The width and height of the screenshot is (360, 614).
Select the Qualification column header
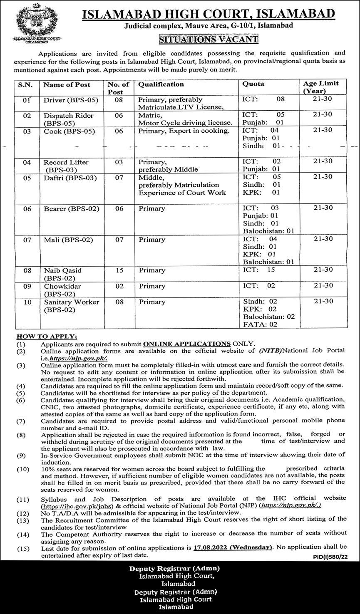pyautogui.click(x=161, y=84)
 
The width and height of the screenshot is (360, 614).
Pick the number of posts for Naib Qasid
pyautogui.click(x=119, y=270)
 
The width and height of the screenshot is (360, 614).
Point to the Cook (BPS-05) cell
pyautogui.click(x=70, y=131)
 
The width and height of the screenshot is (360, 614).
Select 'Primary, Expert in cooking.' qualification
pyautogui.click(x=184, y=131)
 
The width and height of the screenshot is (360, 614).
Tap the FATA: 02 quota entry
pyautogui.click(x=261, y=324)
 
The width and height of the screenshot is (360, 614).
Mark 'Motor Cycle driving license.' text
pyautogui.click(x=185, y=123)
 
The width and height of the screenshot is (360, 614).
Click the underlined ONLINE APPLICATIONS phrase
pyautogui.click(x=187, y=344)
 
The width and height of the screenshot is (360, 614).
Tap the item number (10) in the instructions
pyautogui.click(x=23, y=469)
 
